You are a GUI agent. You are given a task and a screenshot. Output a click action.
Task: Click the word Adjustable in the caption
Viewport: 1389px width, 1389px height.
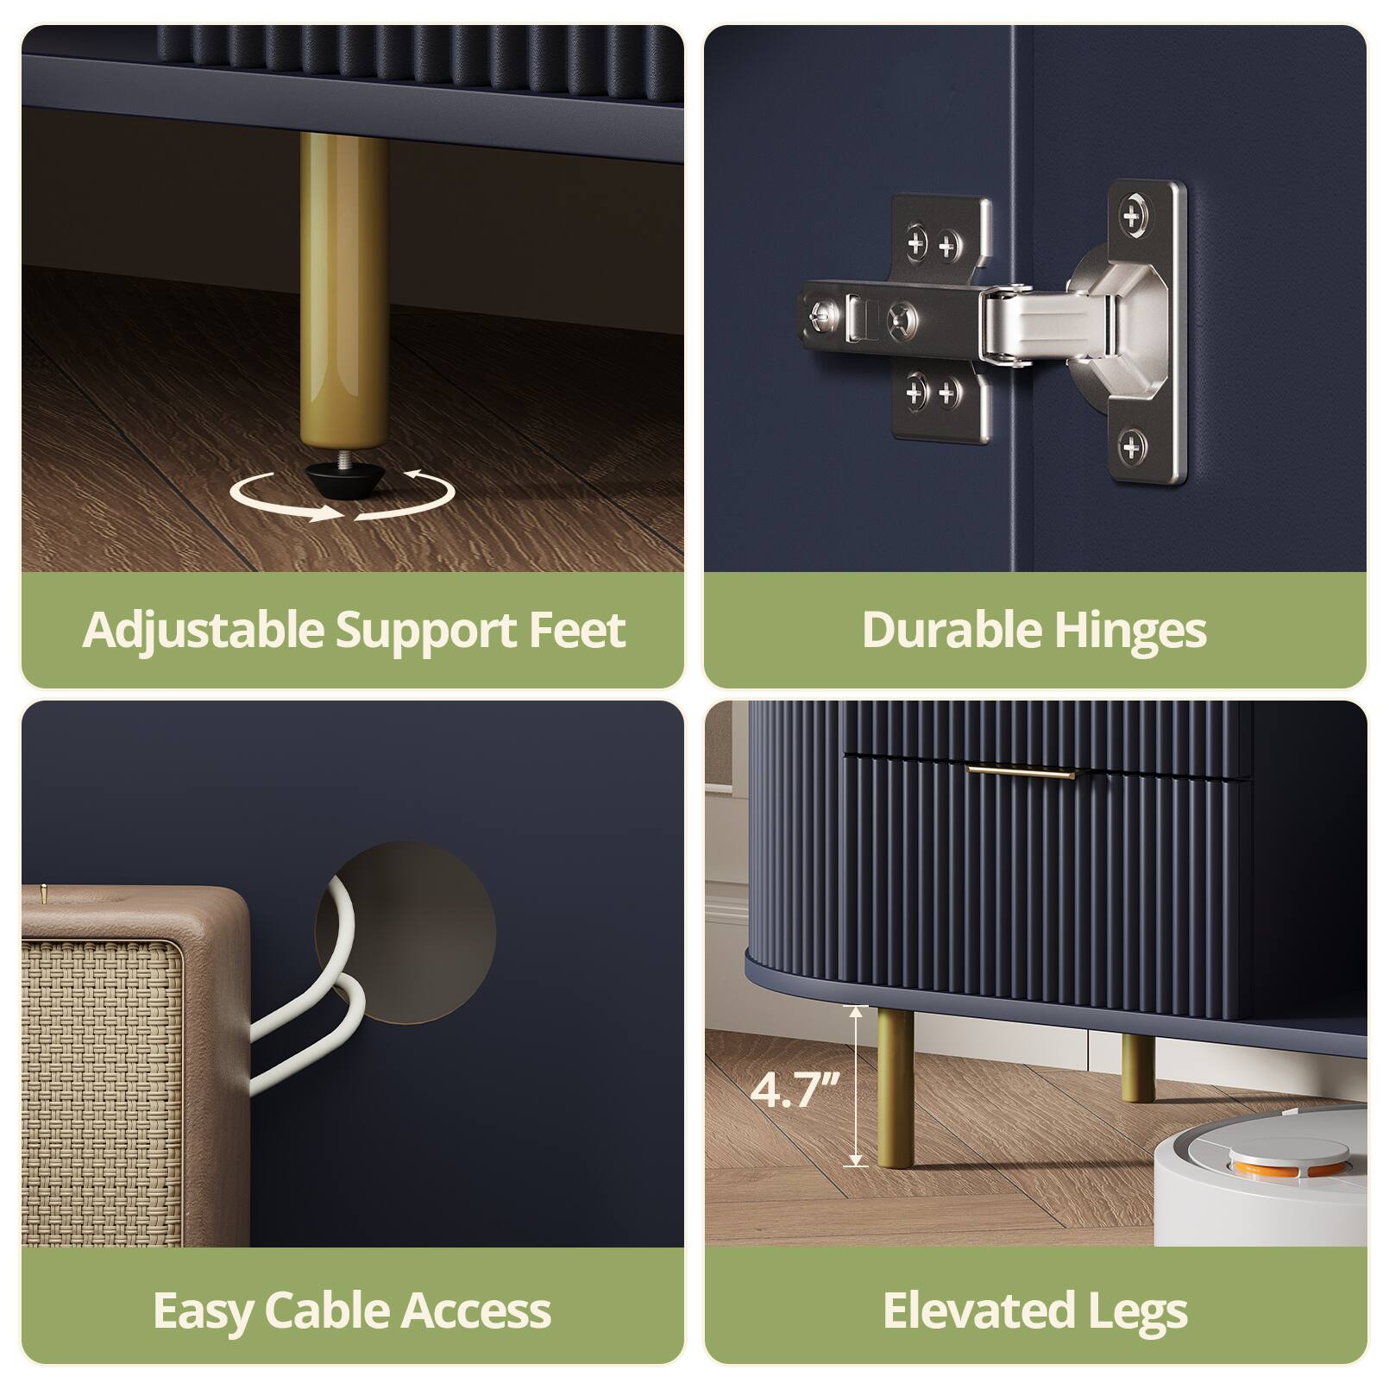[x=204, y=631]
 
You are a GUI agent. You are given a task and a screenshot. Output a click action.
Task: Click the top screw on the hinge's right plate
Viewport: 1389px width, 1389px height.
[x=1134, y=211]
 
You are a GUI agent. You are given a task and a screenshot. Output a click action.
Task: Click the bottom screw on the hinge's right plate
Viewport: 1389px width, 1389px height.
[x=1130, y=447]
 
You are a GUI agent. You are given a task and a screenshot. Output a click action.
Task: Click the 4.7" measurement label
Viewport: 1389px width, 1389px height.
[x=795, y=1090]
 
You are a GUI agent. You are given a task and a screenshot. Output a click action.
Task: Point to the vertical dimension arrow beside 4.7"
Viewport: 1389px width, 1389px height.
[x=855, y=1087]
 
